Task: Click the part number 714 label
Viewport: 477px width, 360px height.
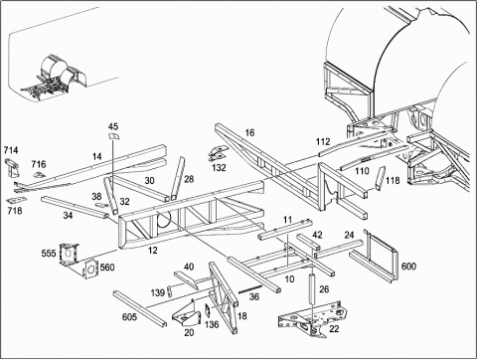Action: [x=11, y=150]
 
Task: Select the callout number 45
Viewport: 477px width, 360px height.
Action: [x=113, y=126]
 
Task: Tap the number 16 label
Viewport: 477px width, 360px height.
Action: [x=249, y=133]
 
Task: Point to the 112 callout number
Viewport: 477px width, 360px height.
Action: [x=323, y=142]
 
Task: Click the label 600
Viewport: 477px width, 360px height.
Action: [x=408, y=267]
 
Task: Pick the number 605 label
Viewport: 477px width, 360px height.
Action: [x=129, y=317]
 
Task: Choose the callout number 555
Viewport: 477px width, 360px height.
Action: [x=49, y=254]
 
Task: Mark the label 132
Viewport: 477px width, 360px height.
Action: [x=219, y=168]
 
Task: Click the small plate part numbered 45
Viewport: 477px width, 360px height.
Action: [x=114, y=136]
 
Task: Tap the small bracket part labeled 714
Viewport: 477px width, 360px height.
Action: [x=13, y=168]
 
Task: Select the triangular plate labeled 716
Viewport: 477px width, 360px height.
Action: [x=40, y=175]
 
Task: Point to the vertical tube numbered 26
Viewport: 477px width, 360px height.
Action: [x=312, y=288]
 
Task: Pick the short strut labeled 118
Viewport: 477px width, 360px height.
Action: [x=380, y=178]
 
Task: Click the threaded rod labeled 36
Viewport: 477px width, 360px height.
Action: [x=250, y=288]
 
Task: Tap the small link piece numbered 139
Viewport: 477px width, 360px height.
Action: [x=170, y=291]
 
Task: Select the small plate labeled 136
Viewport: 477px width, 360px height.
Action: [x=208, y=311]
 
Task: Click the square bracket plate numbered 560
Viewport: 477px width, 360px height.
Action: [x=89, y=270]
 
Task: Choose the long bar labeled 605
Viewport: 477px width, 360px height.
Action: [x=139, y=309]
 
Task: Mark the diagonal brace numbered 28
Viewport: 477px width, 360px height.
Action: [x=177, y=178]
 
